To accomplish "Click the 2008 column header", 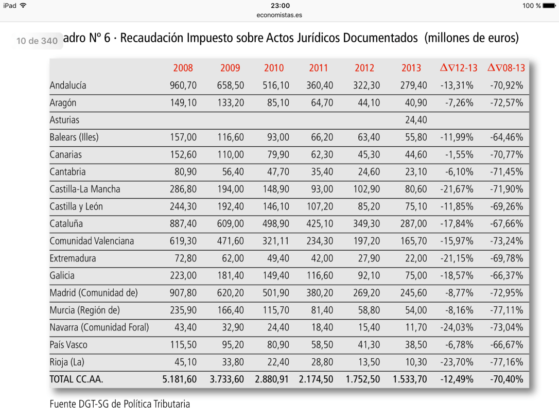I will tap(183, 68).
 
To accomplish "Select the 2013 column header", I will tap(411, 68).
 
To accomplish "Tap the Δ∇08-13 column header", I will tap(505, 68).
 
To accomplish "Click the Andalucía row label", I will tap(68, 85).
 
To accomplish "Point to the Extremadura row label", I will tap(73, 258).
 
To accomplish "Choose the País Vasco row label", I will tap(69, 345).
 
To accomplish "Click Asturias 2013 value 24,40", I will tap(416, 120).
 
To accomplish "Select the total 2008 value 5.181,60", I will tap(179, 379).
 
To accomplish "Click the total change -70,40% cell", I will tap(506, 379).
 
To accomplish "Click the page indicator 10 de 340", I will tap(37, 41).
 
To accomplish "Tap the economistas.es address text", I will tap(279, 15).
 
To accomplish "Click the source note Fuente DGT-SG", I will tap(119, 404).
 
